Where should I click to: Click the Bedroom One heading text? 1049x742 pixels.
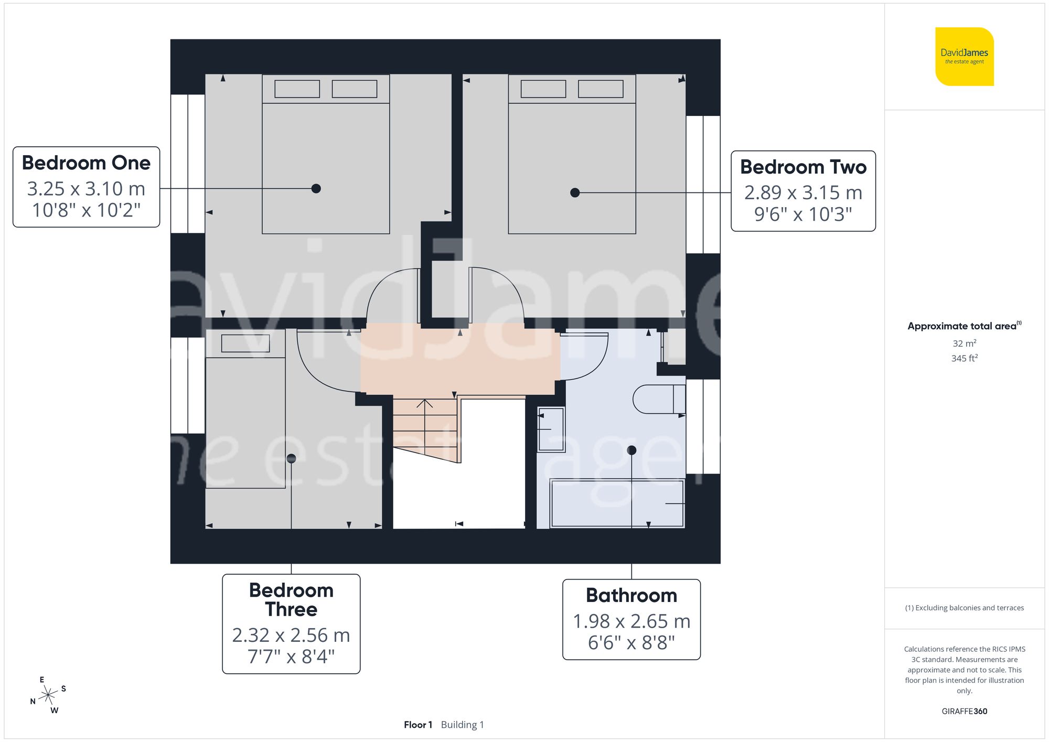pyautogui.click(x=86, y=163)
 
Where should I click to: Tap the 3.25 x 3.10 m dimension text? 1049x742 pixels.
pyautogui.click(x=86, y=189)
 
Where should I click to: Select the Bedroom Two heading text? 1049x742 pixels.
pyautogui.click(x=803, y=167)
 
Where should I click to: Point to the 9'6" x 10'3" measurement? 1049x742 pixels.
pyautogui.click(x=803, y=214)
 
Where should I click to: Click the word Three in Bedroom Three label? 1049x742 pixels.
pyautogui.click(x=291, y=610)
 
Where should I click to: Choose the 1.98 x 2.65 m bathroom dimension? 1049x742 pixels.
pyautogui.click(x=631, y=621)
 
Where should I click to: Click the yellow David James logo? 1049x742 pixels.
pyautogui.click(x=964, y=57)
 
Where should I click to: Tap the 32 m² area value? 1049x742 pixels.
pyautogui.click(x=964, y=343)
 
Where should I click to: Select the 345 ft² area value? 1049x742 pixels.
pyautogui.click(x=964, y=359)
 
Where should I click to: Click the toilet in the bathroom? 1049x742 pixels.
pyautogui.click(x=658, y=400)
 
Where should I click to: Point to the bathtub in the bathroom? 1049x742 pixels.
pyautogui.click(x=617, y=503)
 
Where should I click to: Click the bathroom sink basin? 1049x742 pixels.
pyautogui.click(x=551, y=429)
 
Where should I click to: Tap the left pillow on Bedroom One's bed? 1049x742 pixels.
pyautogui.click(x=297, y=89)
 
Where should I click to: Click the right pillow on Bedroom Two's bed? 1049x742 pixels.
pyautogui.click(x=601, y=89)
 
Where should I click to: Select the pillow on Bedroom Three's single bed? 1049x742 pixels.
pyautogui.click(x=245, y=343)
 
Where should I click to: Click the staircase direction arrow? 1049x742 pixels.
pyautogui.click(x=425, y=403)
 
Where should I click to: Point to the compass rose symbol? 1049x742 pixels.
pyautogui.click(x=48, y=695)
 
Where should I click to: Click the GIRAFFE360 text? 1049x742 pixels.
pyautogui.click(x=964, y=712)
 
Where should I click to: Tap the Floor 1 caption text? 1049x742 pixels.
pyautogui.click(x=418, y=725)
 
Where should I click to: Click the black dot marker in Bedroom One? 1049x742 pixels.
pyautogui.click(x=316, y=189)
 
